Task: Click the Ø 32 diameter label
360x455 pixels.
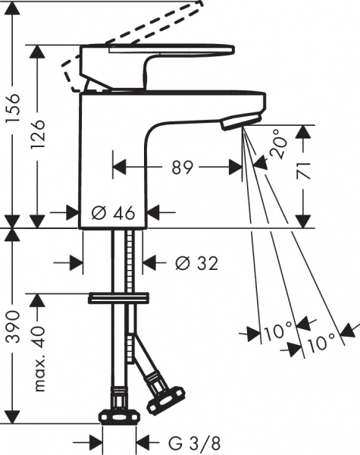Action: point(196,263)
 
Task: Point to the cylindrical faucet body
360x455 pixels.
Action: point(114,159)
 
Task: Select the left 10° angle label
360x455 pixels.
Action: point(278,331)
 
